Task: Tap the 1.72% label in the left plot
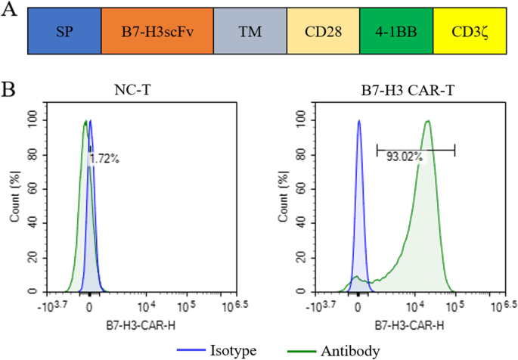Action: pyautogui.click(x=104, y=160)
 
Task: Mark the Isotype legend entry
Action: pyautogui.click(x=228, y=350)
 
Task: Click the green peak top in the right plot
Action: pyautogui.click(x=428, y=121)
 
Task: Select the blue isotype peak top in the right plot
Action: pyautogui.click(x=359, y=121)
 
